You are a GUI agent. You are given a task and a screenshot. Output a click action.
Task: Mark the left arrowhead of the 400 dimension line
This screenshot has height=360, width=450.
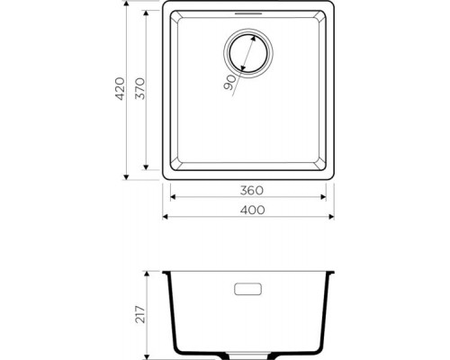coord(165,217)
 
